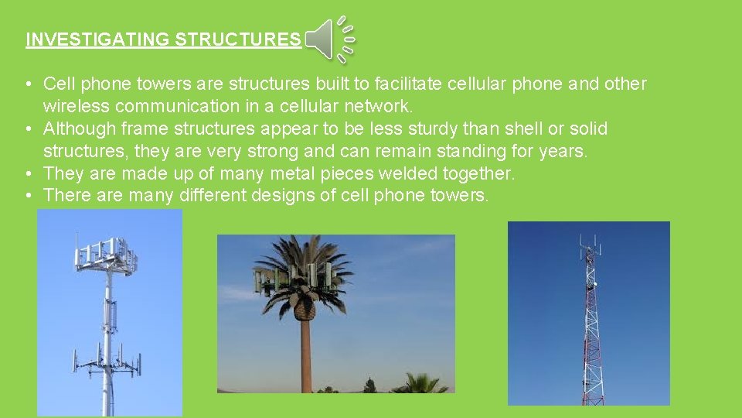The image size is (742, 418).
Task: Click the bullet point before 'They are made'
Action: pyautogui.click(x=27, y=173)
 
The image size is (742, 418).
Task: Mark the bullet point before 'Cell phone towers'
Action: pyautogui.click(x=27, y=84)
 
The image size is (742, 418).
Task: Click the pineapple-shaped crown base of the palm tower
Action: pyautogui.click(x=304, y=307)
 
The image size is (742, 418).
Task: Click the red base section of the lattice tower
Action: pyautogui.click(x=592, y=387)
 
